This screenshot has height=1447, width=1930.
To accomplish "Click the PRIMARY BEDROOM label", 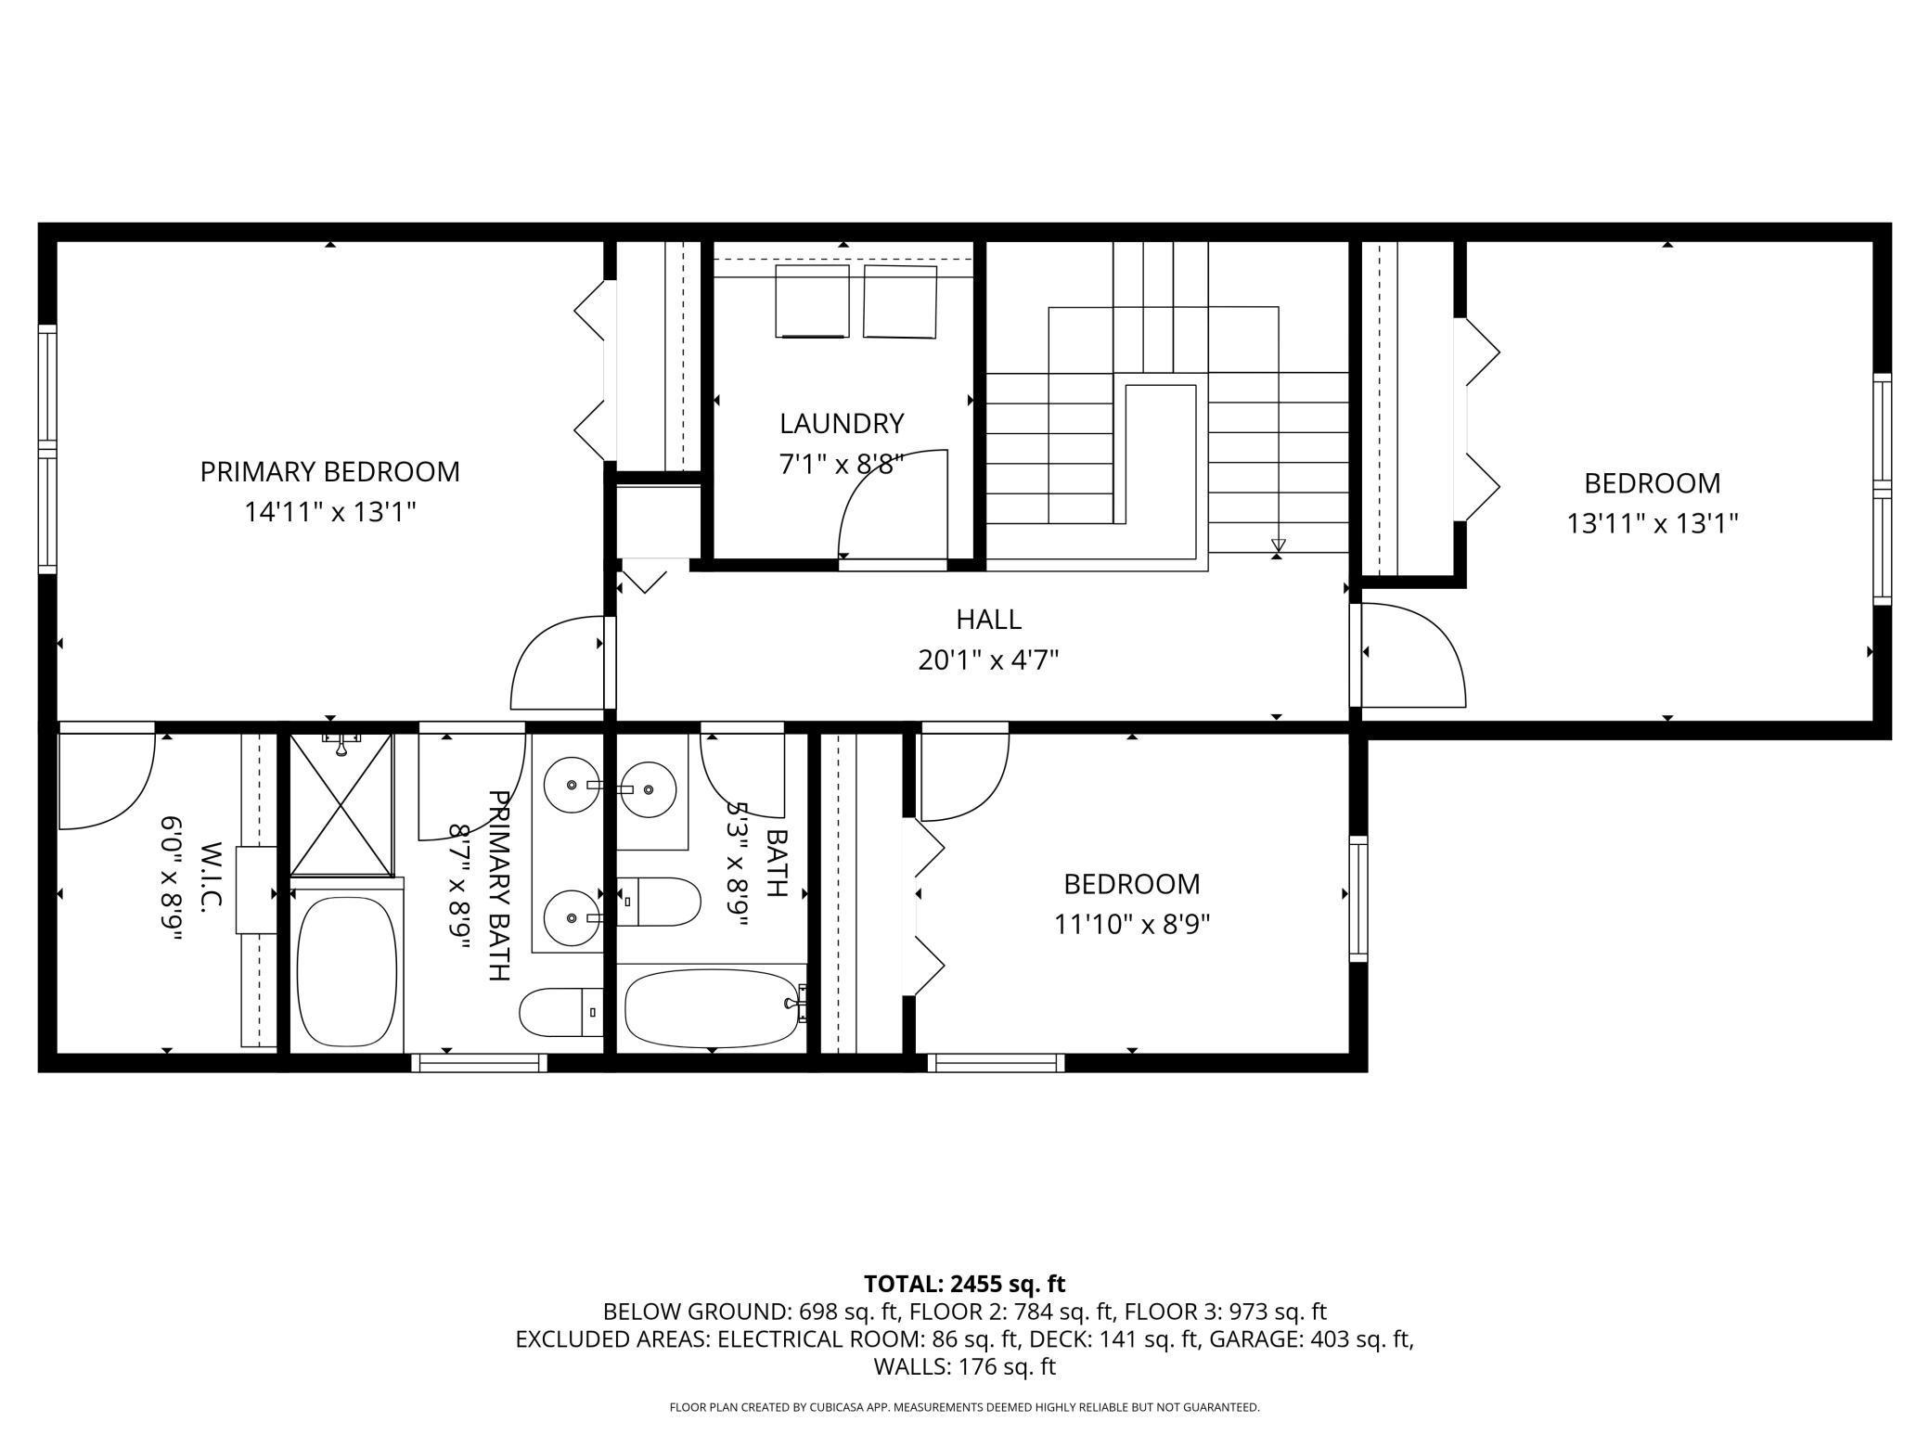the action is (329, 471).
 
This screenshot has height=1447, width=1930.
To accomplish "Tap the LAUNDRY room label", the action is (841, 423).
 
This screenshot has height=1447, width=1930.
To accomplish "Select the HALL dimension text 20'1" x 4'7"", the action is (989, 660).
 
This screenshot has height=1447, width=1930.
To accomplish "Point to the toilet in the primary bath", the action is (560, 1013).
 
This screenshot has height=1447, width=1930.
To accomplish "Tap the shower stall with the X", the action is (341, 804).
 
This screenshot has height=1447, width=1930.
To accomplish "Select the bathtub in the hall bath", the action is (714, 1008).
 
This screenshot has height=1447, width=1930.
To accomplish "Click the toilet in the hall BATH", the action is (658, 902).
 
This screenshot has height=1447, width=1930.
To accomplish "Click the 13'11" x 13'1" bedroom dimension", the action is (1652, 524).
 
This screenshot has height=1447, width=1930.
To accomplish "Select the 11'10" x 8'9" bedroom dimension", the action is (1132, 925).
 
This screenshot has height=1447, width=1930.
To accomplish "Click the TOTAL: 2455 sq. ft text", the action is (964, 1284).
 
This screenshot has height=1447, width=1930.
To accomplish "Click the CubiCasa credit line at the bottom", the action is (964, 1407).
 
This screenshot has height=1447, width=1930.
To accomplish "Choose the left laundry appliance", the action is (812, 301).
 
